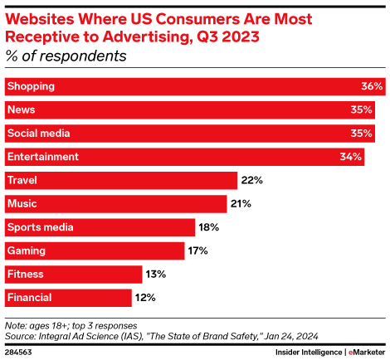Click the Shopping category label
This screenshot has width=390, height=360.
(31, 86)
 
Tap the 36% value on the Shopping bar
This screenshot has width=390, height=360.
(372, 86)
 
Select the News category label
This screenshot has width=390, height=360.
(21, 109)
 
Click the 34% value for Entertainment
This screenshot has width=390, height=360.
(351, 157)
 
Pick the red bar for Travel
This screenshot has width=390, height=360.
(119, 180)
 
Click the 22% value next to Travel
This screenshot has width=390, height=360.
(251, 180)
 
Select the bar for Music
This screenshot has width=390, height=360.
(115, 203)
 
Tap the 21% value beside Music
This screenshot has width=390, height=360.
(241, 203)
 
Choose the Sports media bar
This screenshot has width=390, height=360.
(100, 227)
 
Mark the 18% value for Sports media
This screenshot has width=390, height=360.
(209, 227)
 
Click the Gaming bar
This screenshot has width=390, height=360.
(94, 251)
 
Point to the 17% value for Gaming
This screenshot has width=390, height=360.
(198, 251)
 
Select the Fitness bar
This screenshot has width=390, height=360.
(73, 274)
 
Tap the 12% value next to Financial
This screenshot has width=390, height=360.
(146, 297)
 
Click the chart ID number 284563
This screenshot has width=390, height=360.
(20, 351)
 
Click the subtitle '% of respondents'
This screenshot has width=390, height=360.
(66, 56)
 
